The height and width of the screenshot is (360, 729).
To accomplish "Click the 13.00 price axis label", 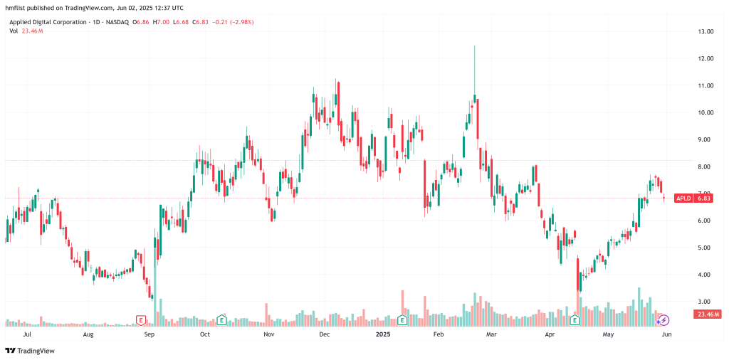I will click(706, 32).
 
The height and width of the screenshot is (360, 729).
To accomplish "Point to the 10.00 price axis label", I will click(706, 112).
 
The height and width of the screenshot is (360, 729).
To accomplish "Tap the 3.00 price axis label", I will click(706, 302).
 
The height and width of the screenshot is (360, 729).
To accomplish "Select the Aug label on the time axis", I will click(88, 333).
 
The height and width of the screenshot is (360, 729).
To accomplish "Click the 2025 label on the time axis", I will click(383, 333).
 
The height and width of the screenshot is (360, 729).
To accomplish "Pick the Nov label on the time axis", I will click(269, 333).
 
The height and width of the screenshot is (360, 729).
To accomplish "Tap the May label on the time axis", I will click(608, 333).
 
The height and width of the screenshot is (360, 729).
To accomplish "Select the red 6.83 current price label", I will click(704, 198).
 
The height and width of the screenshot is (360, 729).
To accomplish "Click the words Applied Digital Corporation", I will click(45, 22).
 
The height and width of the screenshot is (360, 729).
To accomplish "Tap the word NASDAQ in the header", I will click(114, 22).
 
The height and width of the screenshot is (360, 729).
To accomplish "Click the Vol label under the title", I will click(14, 31).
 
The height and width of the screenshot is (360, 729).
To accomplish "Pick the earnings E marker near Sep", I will click(141, 319).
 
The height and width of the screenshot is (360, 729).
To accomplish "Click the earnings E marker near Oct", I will click(222, 319).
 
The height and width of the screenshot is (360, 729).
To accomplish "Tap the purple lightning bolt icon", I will click(664, 321).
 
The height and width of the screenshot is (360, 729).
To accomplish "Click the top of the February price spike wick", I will click(474, 46).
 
